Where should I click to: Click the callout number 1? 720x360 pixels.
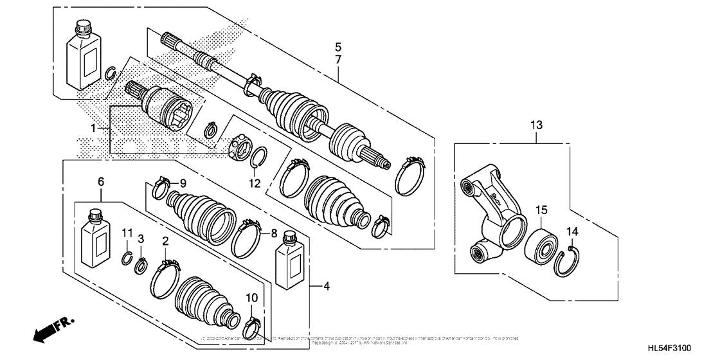(x=93, y=129)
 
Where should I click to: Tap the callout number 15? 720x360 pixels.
(x=542, y=210)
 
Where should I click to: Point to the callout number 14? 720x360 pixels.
(x=572, y=231)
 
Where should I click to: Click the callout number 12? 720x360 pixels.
(x=256, y=183)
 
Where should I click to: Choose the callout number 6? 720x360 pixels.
(x=101, y=183)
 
